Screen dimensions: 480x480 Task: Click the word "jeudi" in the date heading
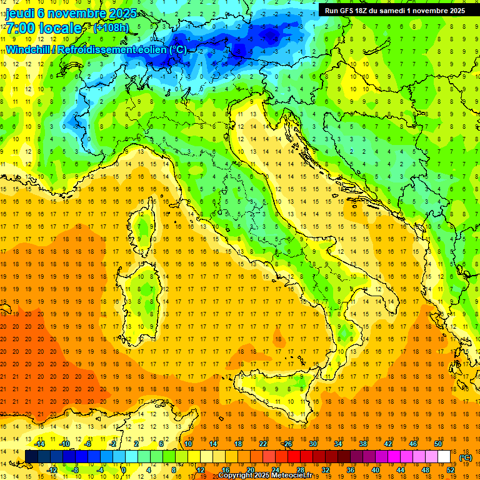pos(20,13)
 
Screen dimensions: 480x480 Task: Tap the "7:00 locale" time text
pos(44,28)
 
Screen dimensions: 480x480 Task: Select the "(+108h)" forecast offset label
pos(111,28)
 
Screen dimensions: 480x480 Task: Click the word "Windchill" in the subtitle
pos(29,49)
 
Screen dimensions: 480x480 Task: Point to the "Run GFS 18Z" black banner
pos(394,10)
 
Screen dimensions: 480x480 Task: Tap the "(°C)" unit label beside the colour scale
pos(466,457)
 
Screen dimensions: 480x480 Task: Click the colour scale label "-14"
pos(41,444)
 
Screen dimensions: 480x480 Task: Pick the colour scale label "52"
pos(451,470)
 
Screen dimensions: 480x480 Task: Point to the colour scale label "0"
pos(124,470)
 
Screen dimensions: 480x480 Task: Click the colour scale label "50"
pos(438,444)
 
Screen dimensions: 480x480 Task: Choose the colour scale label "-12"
pos(52,470)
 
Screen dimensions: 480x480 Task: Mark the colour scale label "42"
pos(388,444)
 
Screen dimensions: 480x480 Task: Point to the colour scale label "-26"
pos(287,444)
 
